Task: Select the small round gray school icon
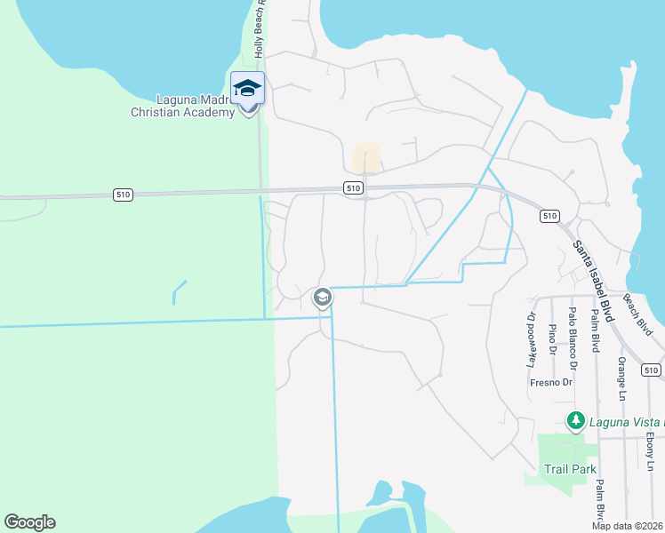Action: coord(323,297)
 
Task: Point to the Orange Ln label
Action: coord(621,378)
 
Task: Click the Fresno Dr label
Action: coord(551,383)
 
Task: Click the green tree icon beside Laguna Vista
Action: coord(576,419)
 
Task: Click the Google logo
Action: coord(29,522)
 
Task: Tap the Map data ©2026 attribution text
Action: coord(627,526)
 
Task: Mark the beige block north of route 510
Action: coord(365,158)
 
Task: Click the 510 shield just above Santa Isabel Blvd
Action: coord(549,216)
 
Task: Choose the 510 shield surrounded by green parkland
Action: coord(124,195)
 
